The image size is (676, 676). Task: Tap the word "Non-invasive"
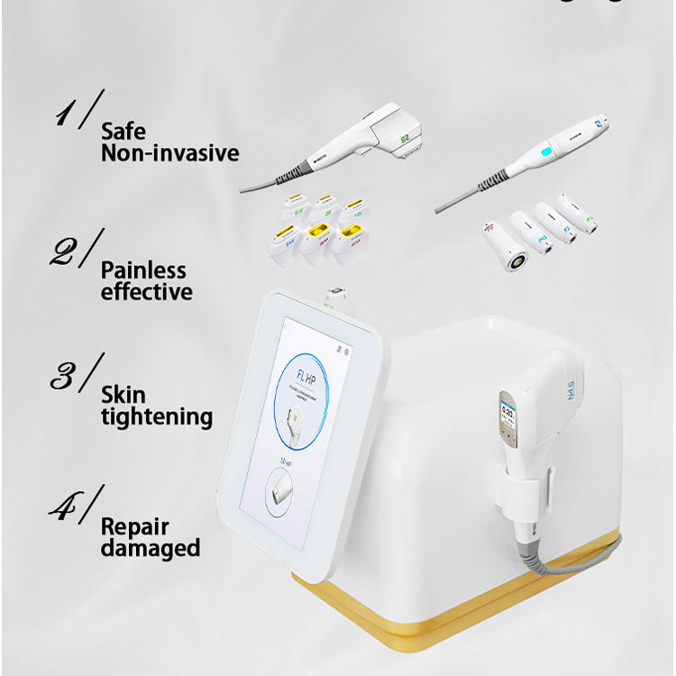(170, 153)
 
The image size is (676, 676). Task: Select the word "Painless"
(144, 270)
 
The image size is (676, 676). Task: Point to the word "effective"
(147, 292)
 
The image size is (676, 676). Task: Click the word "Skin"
(123, 396)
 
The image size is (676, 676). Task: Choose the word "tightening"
(157, 417)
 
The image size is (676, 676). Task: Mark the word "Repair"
(134, 526)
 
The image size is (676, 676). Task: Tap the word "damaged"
(151, 548)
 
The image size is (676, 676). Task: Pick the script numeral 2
(70, 251)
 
